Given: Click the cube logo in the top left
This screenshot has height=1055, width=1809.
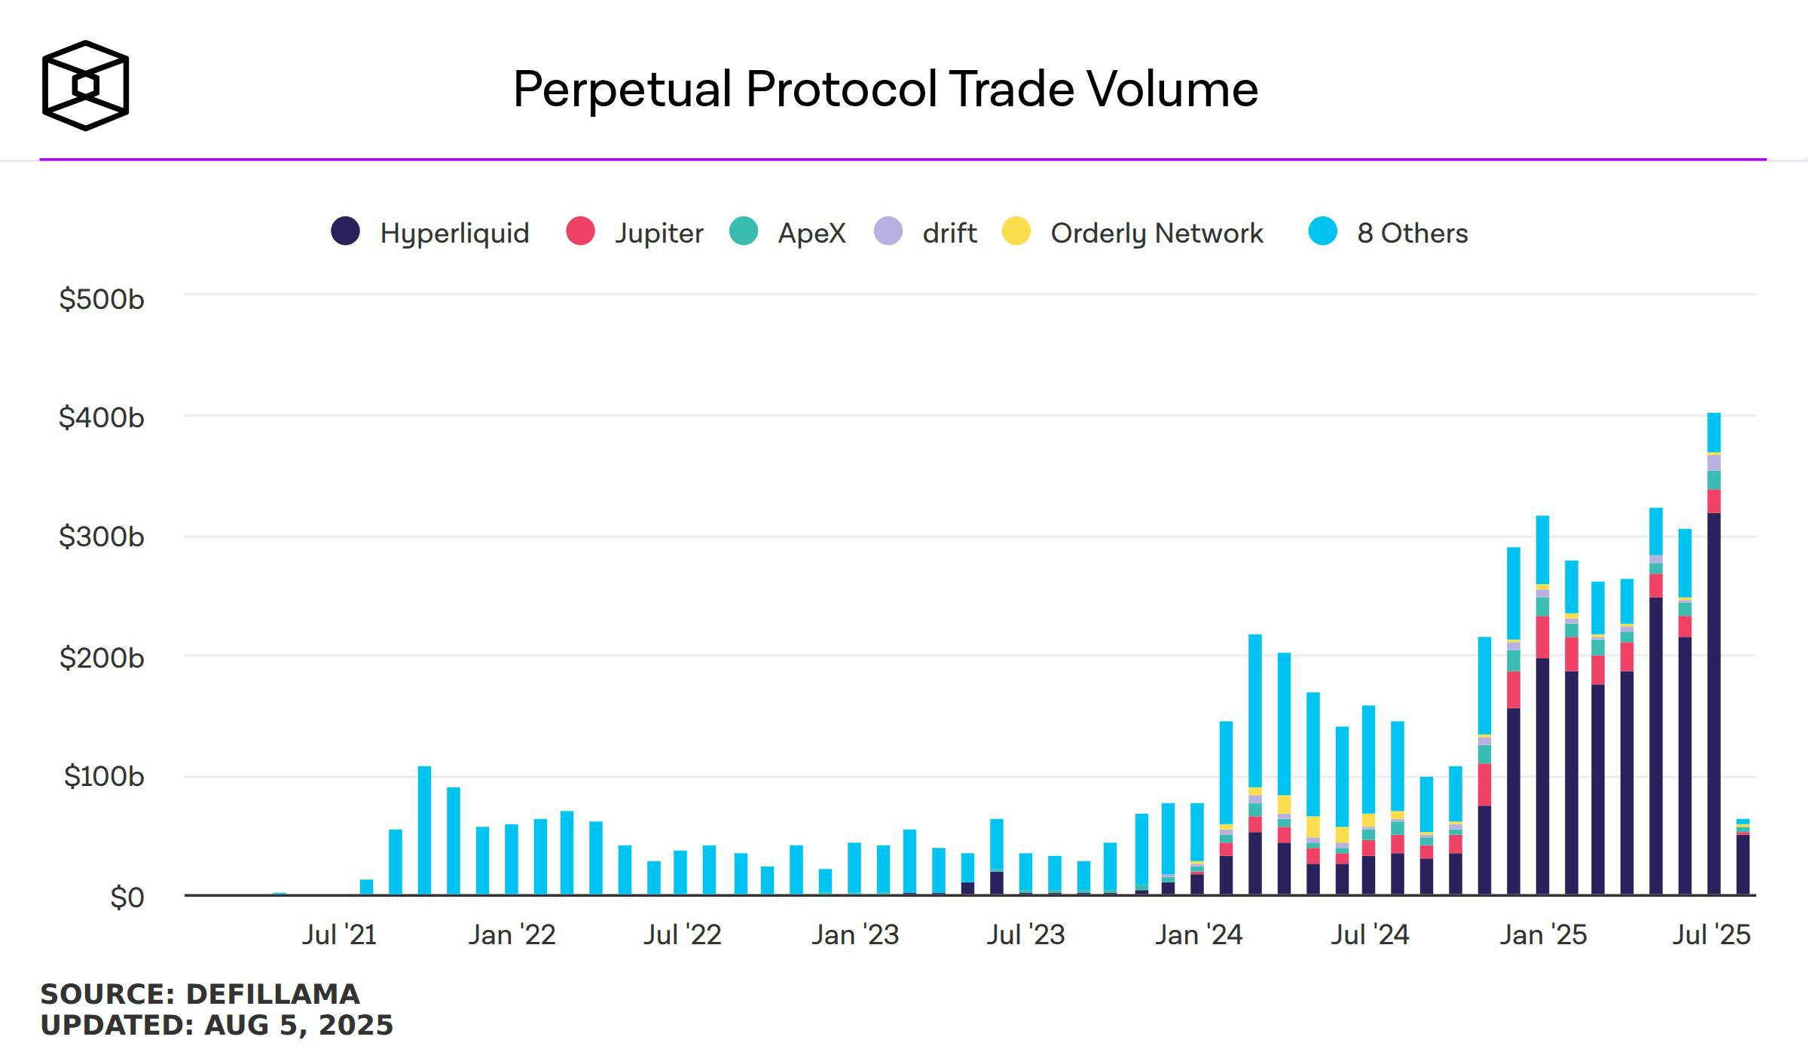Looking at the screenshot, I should (x=85, y=85).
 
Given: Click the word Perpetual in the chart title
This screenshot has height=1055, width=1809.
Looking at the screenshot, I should (x=622, y=90).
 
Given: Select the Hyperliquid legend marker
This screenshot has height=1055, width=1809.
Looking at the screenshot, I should (x=346, y=231).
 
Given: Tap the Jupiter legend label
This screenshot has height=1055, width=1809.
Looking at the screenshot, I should (x=659, y=233).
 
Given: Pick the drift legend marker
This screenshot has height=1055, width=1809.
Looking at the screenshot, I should (x=888, y=231).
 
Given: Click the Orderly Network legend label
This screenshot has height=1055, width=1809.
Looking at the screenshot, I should (x=1157, y=233).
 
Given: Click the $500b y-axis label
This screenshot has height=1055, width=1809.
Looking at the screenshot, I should (x=102, y=300).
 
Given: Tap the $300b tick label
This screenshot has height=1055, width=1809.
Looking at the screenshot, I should (x=102, y=537).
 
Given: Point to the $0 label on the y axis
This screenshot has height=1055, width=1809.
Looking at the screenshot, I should (x=127, y=898).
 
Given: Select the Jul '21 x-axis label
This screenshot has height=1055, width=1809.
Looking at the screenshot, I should (x=339, y=935).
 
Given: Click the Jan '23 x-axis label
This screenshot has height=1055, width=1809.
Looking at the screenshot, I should (x=855, y=935).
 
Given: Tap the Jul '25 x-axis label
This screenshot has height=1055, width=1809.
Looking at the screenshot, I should (x=1711, y=935).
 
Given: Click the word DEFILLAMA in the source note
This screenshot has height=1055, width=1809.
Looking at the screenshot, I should (x=273, y=994).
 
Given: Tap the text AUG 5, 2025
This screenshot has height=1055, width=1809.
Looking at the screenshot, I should (x=298, y=1026).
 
